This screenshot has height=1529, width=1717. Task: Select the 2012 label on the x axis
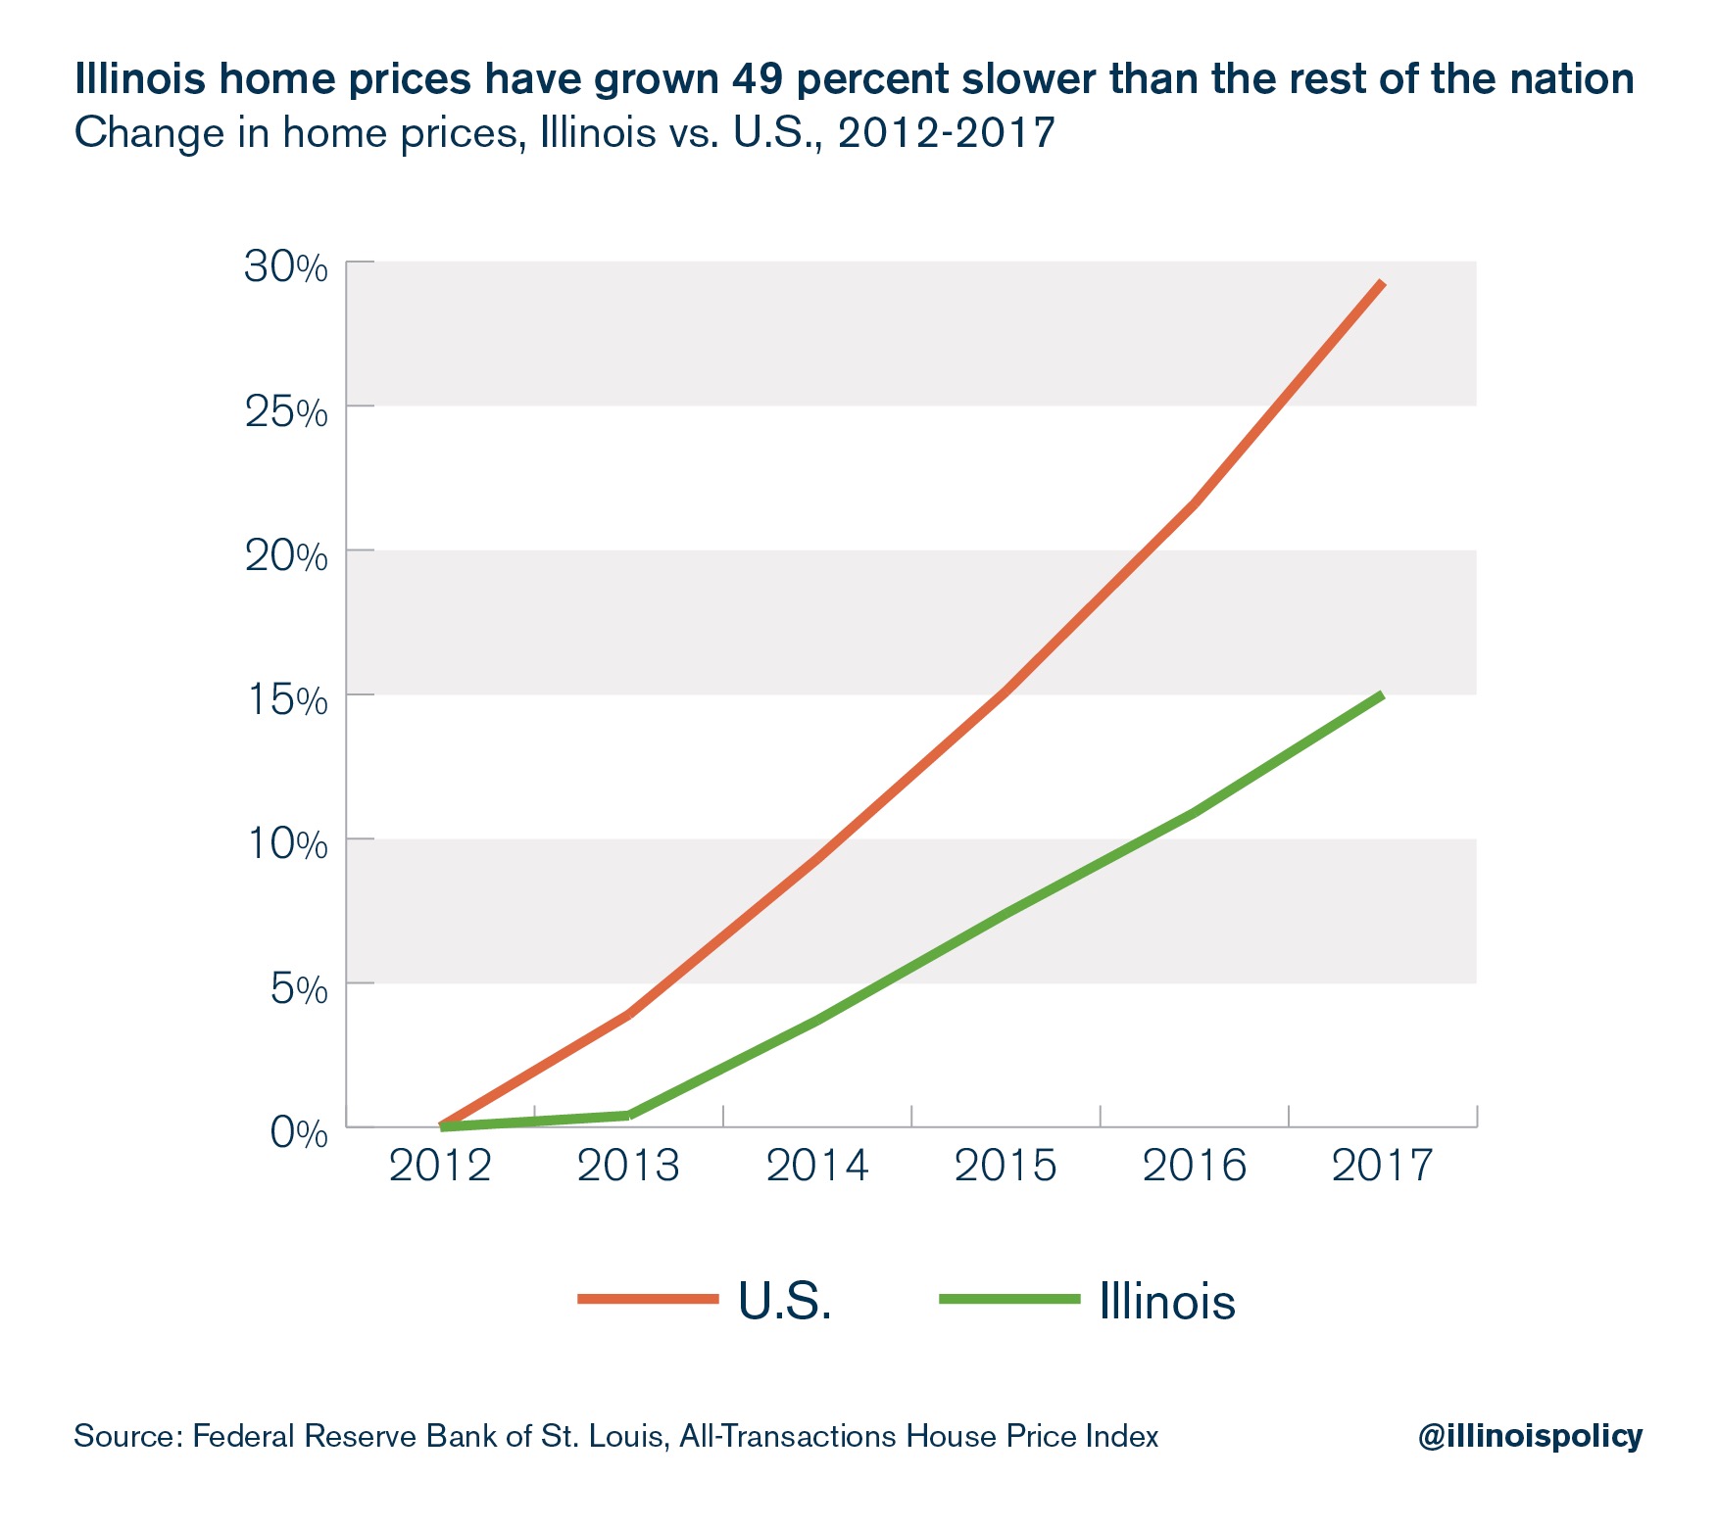(440, 1166)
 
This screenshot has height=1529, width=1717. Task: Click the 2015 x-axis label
(1006, 1166)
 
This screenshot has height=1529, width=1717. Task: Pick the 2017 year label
(1382, 1166)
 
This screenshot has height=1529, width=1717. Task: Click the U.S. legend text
(785, 1301)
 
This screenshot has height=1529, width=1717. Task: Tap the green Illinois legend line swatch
(1009, 1300)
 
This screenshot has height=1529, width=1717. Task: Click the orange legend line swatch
(649, 1300)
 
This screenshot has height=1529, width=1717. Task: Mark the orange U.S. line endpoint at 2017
(1382, 283)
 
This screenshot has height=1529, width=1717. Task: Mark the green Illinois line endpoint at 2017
(1382, 695)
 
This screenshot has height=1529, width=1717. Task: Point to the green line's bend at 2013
(629, 1115)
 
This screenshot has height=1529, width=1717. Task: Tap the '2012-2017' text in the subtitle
(947, 132)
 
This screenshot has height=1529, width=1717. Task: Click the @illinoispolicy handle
(1530, 1436)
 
